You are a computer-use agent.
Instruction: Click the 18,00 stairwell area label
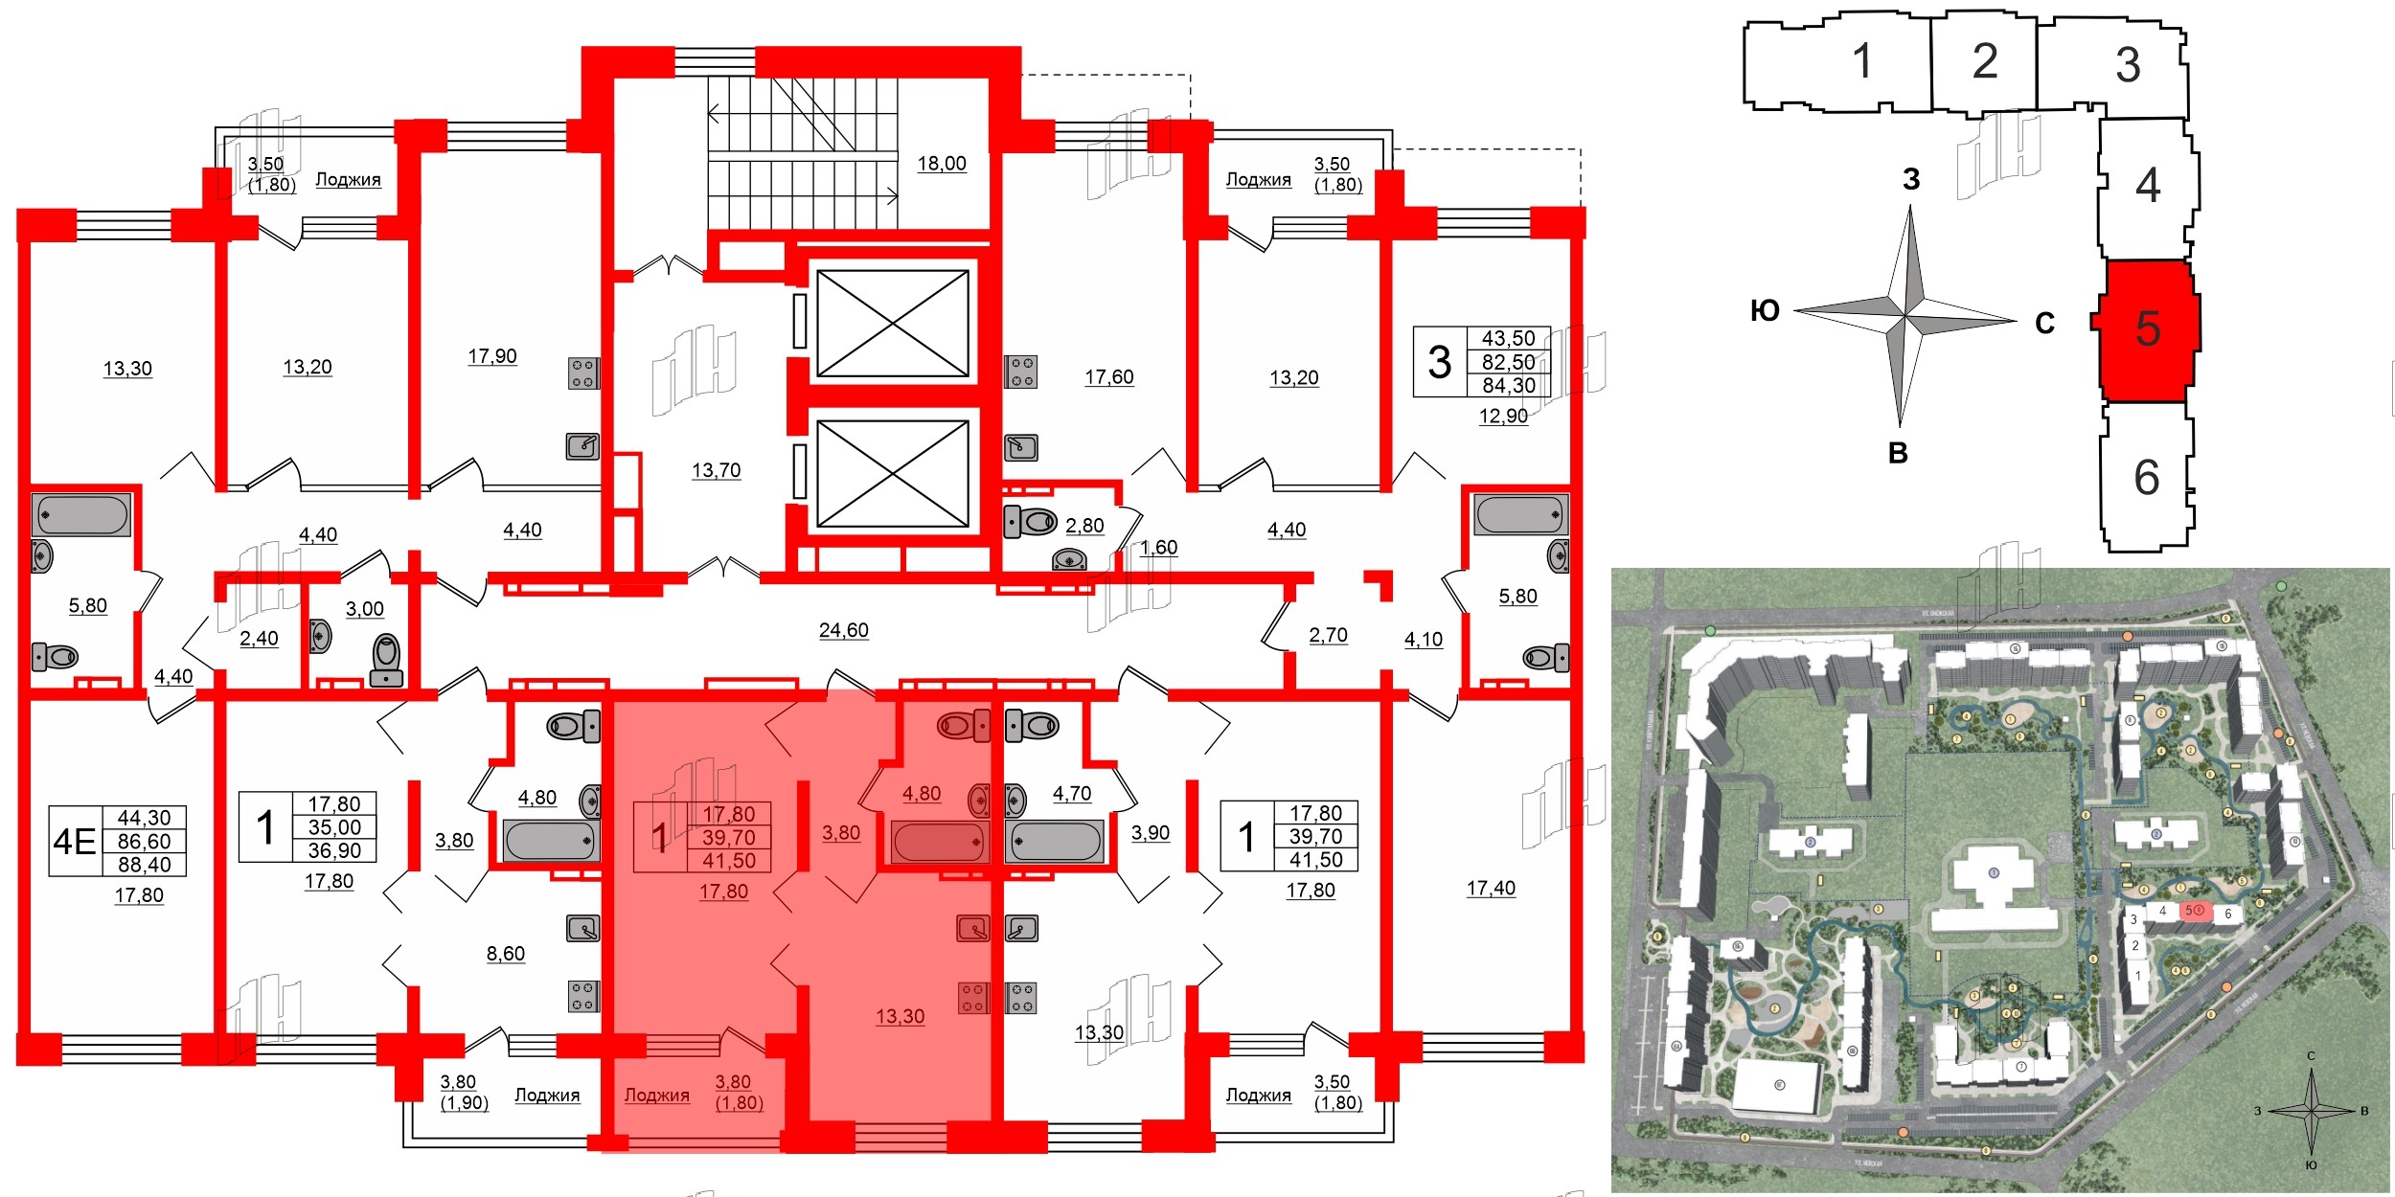[x=942, y=164]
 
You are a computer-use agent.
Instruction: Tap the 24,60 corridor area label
[x=843, y=630]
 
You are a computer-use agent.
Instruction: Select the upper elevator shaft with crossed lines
[x=892, y=324]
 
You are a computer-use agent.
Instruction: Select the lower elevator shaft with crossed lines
[x=892, y=473]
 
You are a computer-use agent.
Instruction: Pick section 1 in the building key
[x=1861, y=62]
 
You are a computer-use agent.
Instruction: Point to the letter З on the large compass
[x=1911, y=179]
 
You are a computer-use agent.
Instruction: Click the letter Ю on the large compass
[x=1765, y=310]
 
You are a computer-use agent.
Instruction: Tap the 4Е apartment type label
[x=75, y=842]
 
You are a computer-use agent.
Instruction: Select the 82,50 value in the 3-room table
[x=1508, y=362]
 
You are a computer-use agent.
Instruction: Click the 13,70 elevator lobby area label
[x=716, y=470]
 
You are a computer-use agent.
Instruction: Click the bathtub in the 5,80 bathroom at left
[x=81, y=516]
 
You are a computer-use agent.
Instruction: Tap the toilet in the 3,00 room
[x=386, y=660]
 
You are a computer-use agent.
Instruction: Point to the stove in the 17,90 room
[x=582, y=373]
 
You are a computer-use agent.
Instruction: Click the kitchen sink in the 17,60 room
[x=1020, y=447]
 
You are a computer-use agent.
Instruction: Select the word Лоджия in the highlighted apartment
[x=656, y=1095]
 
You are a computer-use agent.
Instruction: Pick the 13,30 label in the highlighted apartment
[x=900, y=1016]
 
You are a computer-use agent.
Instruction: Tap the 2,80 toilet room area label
[x=1084, y=526]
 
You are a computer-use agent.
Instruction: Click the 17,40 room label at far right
[x=1491, y=888]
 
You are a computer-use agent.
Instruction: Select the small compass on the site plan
[x=2310, y=1111]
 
